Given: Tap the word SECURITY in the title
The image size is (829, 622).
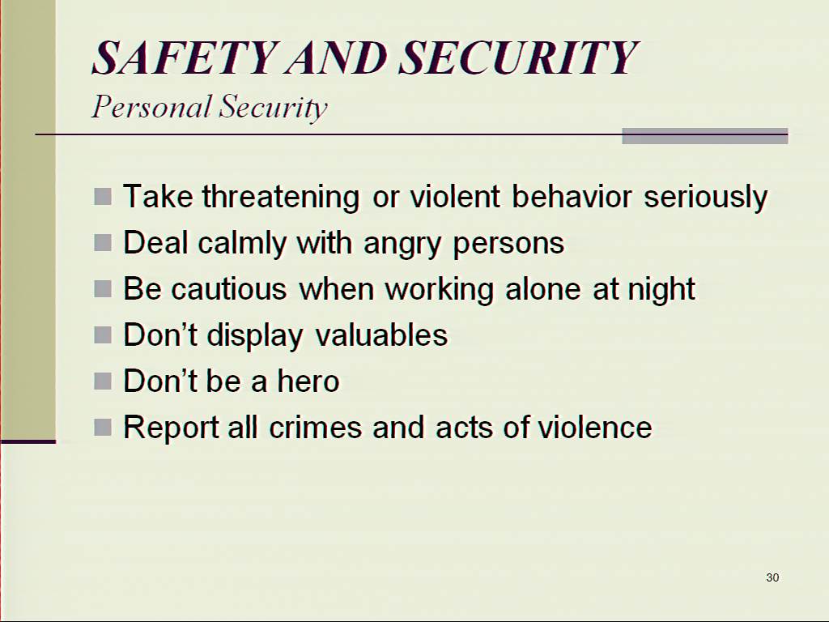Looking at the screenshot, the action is tap(518, 58).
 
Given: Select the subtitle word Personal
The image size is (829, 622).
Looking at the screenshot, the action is tap(152, 107).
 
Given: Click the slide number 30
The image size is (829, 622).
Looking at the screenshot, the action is tap(772, 577).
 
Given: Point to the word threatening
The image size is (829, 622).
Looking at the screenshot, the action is tap(281, 197).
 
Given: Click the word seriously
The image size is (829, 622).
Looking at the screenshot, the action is tap(705, 197).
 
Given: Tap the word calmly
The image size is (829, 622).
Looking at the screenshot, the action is tap(243, 243).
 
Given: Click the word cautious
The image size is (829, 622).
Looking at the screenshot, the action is tap(229, 289).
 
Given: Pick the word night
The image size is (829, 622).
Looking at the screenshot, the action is tap(661, 289).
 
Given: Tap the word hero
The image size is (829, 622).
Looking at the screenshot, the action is tap(308, 381).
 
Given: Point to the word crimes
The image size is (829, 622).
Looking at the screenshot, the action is tap(316, 428).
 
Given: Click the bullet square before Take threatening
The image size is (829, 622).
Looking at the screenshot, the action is tap(103, 197).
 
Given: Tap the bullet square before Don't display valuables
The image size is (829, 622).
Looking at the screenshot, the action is tap(103, 334).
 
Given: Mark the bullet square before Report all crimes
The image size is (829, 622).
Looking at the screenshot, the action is tap(103, 427).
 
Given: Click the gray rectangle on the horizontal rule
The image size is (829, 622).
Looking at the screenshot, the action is tap(705, 136).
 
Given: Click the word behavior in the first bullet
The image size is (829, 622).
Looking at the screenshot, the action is tap(572, 197).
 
